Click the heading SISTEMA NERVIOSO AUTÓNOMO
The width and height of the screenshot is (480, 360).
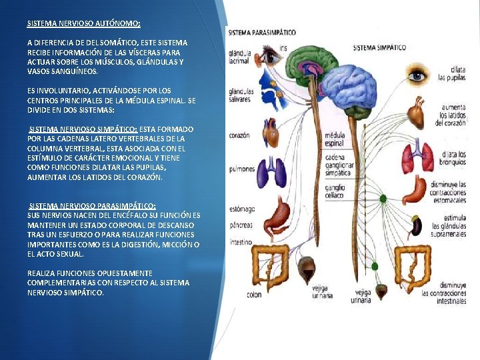pyautogui.click(x=83, y=23)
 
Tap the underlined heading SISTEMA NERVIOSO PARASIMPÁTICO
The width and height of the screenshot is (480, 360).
pyautogui.click(x=93, y=206)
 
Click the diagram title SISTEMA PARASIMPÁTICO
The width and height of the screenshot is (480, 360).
pyautogui.click(x=261, y=33)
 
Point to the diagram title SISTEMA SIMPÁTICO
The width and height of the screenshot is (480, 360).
pyautogui.click(x=379, y=48)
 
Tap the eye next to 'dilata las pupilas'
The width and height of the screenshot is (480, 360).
pyautogui.click(x=418, y=75)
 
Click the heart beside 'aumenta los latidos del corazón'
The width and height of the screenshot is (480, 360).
pyautogui.click(x=416, y=115)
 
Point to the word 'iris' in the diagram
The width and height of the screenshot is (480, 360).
pyautogui.click(x=283, y=47)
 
